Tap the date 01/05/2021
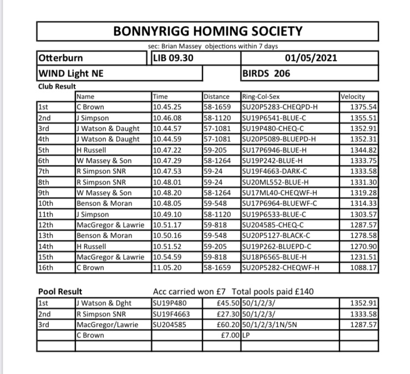(x=311, y=58)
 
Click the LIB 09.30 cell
(x=173, y=58)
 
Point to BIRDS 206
(x=266, y=73)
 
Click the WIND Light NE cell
(x=72, y=73)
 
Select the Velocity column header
(x=352, y=96)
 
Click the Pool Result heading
(x=60, y=291)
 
